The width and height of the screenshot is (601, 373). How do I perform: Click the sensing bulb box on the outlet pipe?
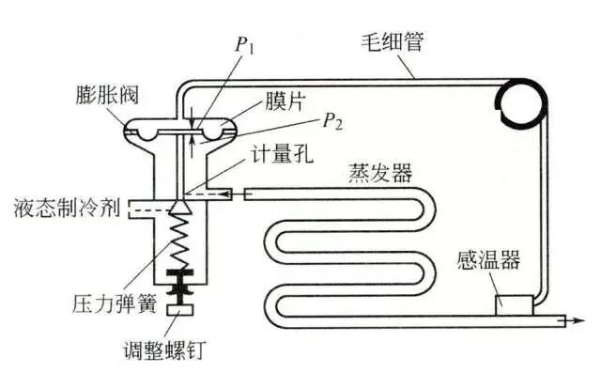point(513,304)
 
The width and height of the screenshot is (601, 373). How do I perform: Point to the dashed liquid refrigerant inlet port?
point(140,208)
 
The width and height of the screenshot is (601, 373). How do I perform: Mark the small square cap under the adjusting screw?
point(179,310)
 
